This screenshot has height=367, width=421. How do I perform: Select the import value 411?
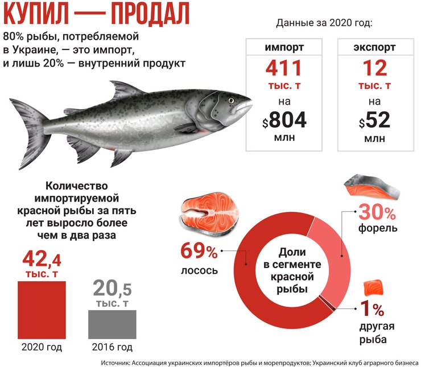[x=284, y=70]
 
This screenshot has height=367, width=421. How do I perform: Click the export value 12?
[x=374, y=70]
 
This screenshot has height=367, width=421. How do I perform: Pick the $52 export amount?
[x=374, y=120]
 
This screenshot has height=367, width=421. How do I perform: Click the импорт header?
[x=284, y=47]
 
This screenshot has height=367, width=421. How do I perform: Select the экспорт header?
[x=374, y=47]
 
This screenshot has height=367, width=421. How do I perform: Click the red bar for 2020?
[x=42, y=310]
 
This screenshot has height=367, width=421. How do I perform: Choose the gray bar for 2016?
[x=112, y=324]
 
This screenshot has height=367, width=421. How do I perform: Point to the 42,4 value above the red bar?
[x=42, y=260]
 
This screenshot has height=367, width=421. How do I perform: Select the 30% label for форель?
[x=376, y=214]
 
